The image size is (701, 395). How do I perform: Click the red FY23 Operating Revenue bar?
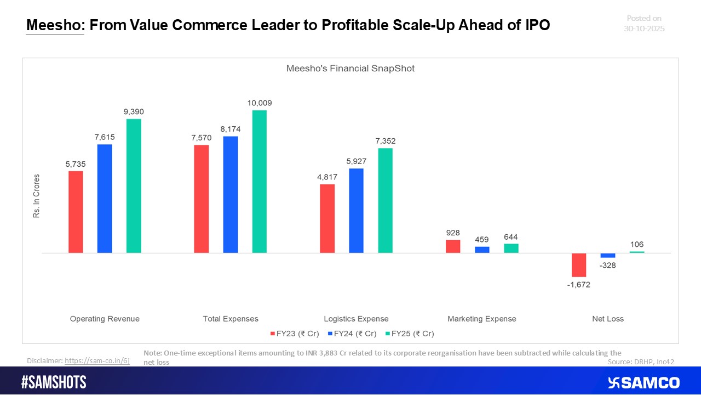(76, 212)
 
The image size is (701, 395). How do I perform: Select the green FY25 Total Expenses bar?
(259, 182)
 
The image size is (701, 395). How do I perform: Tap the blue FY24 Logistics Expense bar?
(356, 211)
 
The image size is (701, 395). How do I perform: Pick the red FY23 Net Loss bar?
(579, 265)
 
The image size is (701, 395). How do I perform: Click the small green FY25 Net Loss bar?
(637, 252)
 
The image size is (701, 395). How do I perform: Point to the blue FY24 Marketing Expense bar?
(482, 250)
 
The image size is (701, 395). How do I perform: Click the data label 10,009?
(259, 103)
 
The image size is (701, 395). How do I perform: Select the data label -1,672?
(579, 285)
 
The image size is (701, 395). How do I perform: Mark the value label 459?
(482, 239)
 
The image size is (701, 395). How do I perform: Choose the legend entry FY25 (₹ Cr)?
(410, 334)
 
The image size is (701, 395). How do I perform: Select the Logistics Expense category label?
(356, 319)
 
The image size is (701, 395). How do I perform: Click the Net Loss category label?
(608, 319)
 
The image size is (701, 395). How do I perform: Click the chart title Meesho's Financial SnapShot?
(350, 69)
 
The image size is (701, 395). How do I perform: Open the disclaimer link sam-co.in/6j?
(97, 360)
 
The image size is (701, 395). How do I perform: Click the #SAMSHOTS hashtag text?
(54, 382)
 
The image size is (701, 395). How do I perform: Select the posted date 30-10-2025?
(644, 28)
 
